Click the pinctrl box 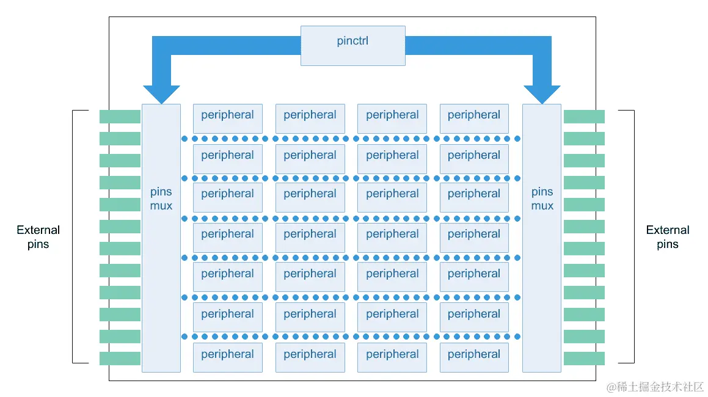coord(352,45)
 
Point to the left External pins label coord(38,237)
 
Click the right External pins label coord(668,237)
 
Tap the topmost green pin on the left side coord(120,117)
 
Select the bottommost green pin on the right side coord(584,359)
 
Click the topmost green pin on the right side coord(584,117)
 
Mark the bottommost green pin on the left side coord(120,359)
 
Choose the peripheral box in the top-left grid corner coord(227,118)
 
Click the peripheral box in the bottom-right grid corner coord(474,357)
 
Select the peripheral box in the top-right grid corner coord(474,118)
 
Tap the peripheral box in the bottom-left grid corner coord(227,357)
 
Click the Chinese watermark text coord(655,387)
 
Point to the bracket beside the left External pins coord(73,237)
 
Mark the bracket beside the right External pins coord(633,237)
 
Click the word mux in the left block coord(161,206)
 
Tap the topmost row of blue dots coord(351,139)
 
